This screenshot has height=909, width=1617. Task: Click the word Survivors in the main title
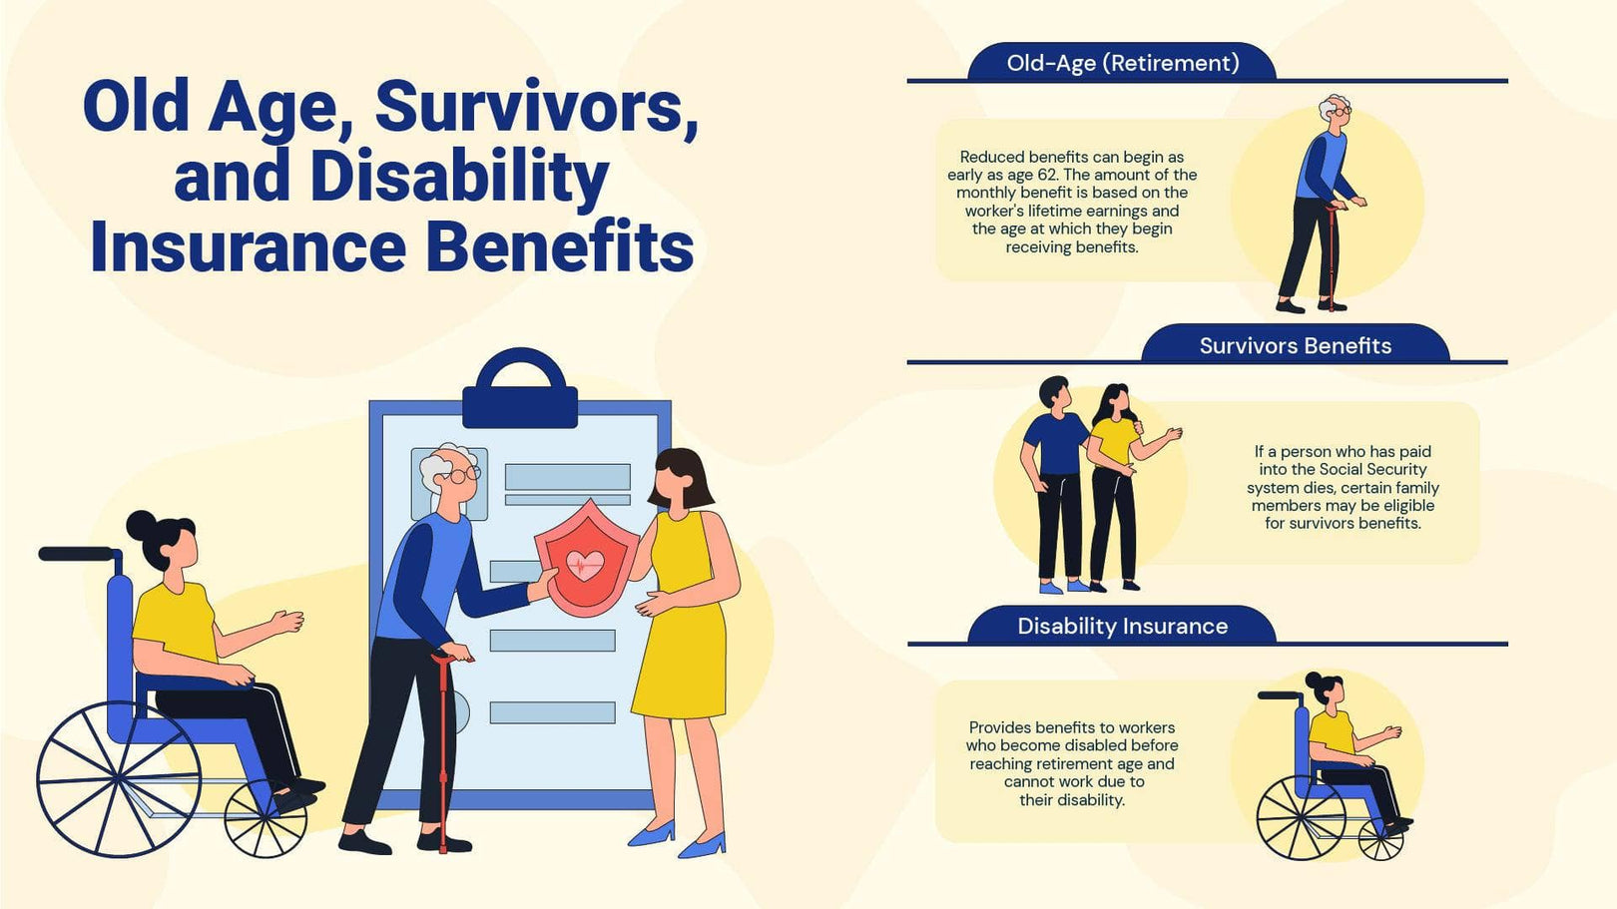(x=536, y=107)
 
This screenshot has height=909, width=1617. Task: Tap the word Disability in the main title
(x=459, y=177)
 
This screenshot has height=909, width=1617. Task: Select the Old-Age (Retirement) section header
(x=1122, y=63)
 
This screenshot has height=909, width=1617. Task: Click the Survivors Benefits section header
(x=1295, y=346)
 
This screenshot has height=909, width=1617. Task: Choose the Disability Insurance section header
(x=1122, y=627)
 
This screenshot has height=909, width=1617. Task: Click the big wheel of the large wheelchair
(x=118, y=778)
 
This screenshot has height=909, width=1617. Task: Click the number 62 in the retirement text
(x=1047, y=175)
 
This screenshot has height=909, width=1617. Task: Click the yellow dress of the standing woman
(x=681, y=619)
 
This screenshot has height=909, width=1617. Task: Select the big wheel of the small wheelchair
(x=1300, y=818)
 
